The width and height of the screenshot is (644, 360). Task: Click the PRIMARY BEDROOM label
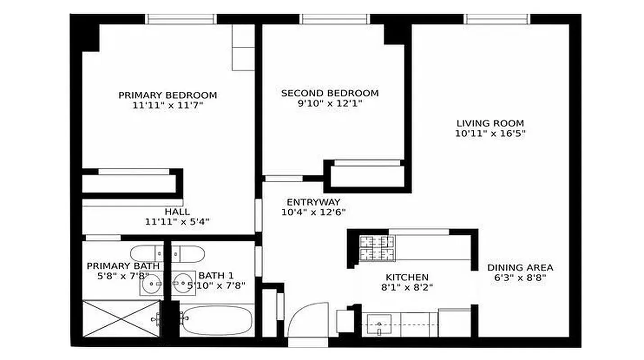point(168,95)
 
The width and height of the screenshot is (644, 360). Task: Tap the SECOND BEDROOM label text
point(330,94)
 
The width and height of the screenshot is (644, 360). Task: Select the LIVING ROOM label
point(490,123)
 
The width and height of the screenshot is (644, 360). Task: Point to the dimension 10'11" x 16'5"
point(490,134)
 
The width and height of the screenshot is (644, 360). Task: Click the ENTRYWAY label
point(313,202)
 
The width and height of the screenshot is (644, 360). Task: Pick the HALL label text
point(177,211)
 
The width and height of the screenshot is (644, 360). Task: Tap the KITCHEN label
point(407,277)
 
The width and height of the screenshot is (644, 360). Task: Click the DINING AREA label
point(520,268)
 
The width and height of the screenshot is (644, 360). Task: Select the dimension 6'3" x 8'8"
point(520,278)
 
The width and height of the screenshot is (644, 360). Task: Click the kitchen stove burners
point(376,248)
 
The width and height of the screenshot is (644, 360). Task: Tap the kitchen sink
point(379,324)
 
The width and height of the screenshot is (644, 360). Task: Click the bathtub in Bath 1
point(217,320)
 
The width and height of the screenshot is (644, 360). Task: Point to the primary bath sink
point(150,284)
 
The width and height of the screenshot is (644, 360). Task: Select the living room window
point(497,19)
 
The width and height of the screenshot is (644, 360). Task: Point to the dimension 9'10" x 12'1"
point(330,104)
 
